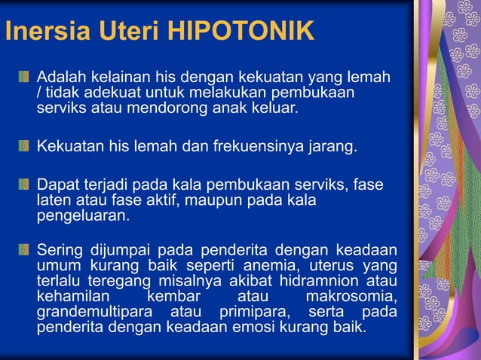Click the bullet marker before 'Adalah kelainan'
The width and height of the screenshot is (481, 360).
[25, 77]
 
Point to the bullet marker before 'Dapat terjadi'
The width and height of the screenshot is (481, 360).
[25, 185]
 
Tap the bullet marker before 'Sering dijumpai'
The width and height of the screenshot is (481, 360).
[25, 250]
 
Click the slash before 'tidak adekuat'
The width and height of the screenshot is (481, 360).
[40, 92]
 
